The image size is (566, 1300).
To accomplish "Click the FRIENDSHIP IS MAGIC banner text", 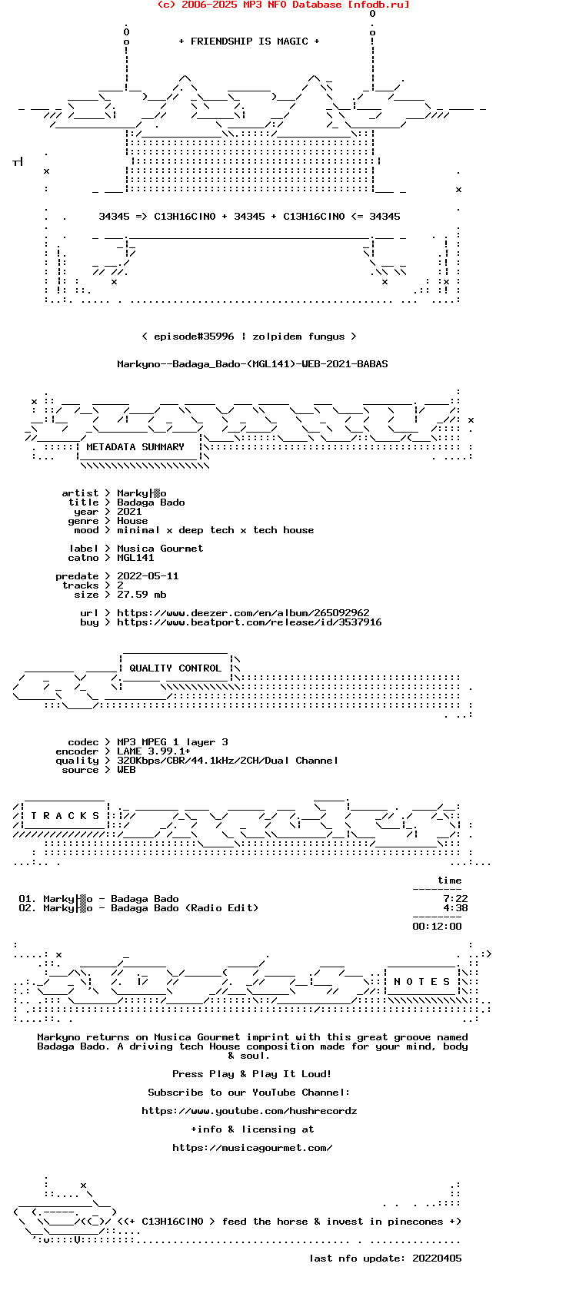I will coord(249,41).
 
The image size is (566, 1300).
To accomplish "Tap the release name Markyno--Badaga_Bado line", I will coord(252,364).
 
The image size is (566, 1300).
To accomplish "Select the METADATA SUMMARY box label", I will coord(135,447).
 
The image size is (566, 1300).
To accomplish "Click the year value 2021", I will coord(129,512).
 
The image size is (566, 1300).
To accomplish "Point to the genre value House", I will coord(132,521).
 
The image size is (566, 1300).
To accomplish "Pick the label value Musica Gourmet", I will coord(160,549).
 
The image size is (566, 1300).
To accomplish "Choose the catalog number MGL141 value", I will coord(135,558).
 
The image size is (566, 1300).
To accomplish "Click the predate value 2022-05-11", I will coord(148,576).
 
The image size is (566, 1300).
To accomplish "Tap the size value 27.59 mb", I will coord(141,595).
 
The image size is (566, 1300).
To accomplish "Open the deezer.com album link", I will coord(243,613).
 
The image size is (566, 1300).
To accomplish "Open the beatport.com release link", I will coord(249,622).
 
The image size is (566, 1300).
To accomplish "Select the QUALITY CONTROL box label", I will coord(175,668).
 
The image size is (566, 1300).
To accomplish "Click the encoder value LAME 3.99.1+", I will coord(154,751).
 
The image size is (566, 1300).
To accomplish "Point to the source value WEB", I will coord(126,770).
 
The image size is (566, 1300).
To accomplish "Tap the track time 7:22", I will coord(455,899).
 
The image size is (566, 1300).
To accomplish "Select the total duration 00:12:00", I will coord(437,927).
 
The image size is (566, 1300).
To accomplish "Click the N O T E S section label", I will coord(421,982).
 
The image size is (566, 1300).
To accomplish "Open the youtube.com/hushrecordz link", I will coord(249,1111).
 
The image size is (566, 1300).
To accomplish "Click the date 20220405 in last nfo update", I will coord(437,1259).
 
